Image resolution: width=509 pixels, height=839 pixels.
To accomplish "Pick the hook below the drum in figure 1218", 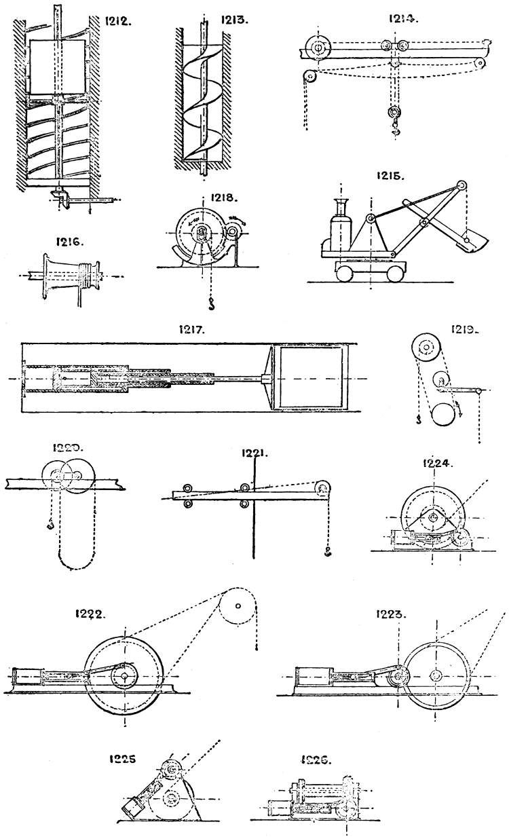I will pyautogui.click(x=211, y=301).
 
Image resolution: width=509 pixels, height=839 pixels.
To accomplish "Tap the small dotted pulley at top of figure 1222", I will pyautogui.click(x=238, y=605).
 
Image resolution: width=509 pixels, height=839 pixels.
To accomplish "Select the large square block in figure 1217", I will pyautogui.click(x=309, y=378).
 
